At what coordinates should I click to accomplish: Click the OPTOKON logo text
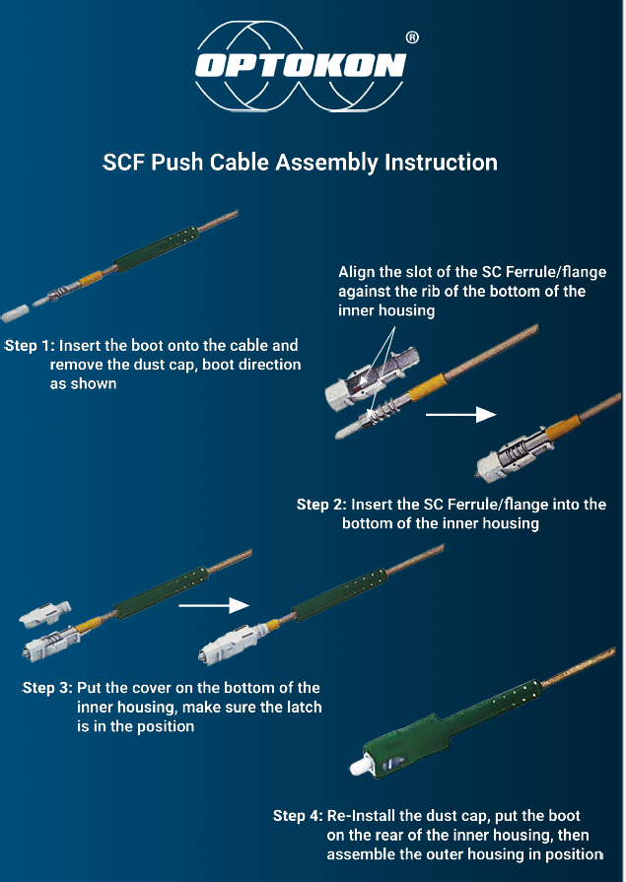tap(300, 66)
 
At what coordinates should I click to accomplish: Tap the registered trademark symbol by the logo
tap(412, 37)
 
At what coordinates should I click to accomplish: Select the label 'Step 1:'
tap(30, 347)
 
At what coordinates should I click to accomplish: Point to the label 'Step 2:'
tap(321, 505)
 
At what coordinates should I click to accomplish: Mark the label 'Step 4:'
tap(298, 816)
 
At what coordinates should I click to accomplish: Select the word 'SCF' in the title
tap(125, 162)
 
